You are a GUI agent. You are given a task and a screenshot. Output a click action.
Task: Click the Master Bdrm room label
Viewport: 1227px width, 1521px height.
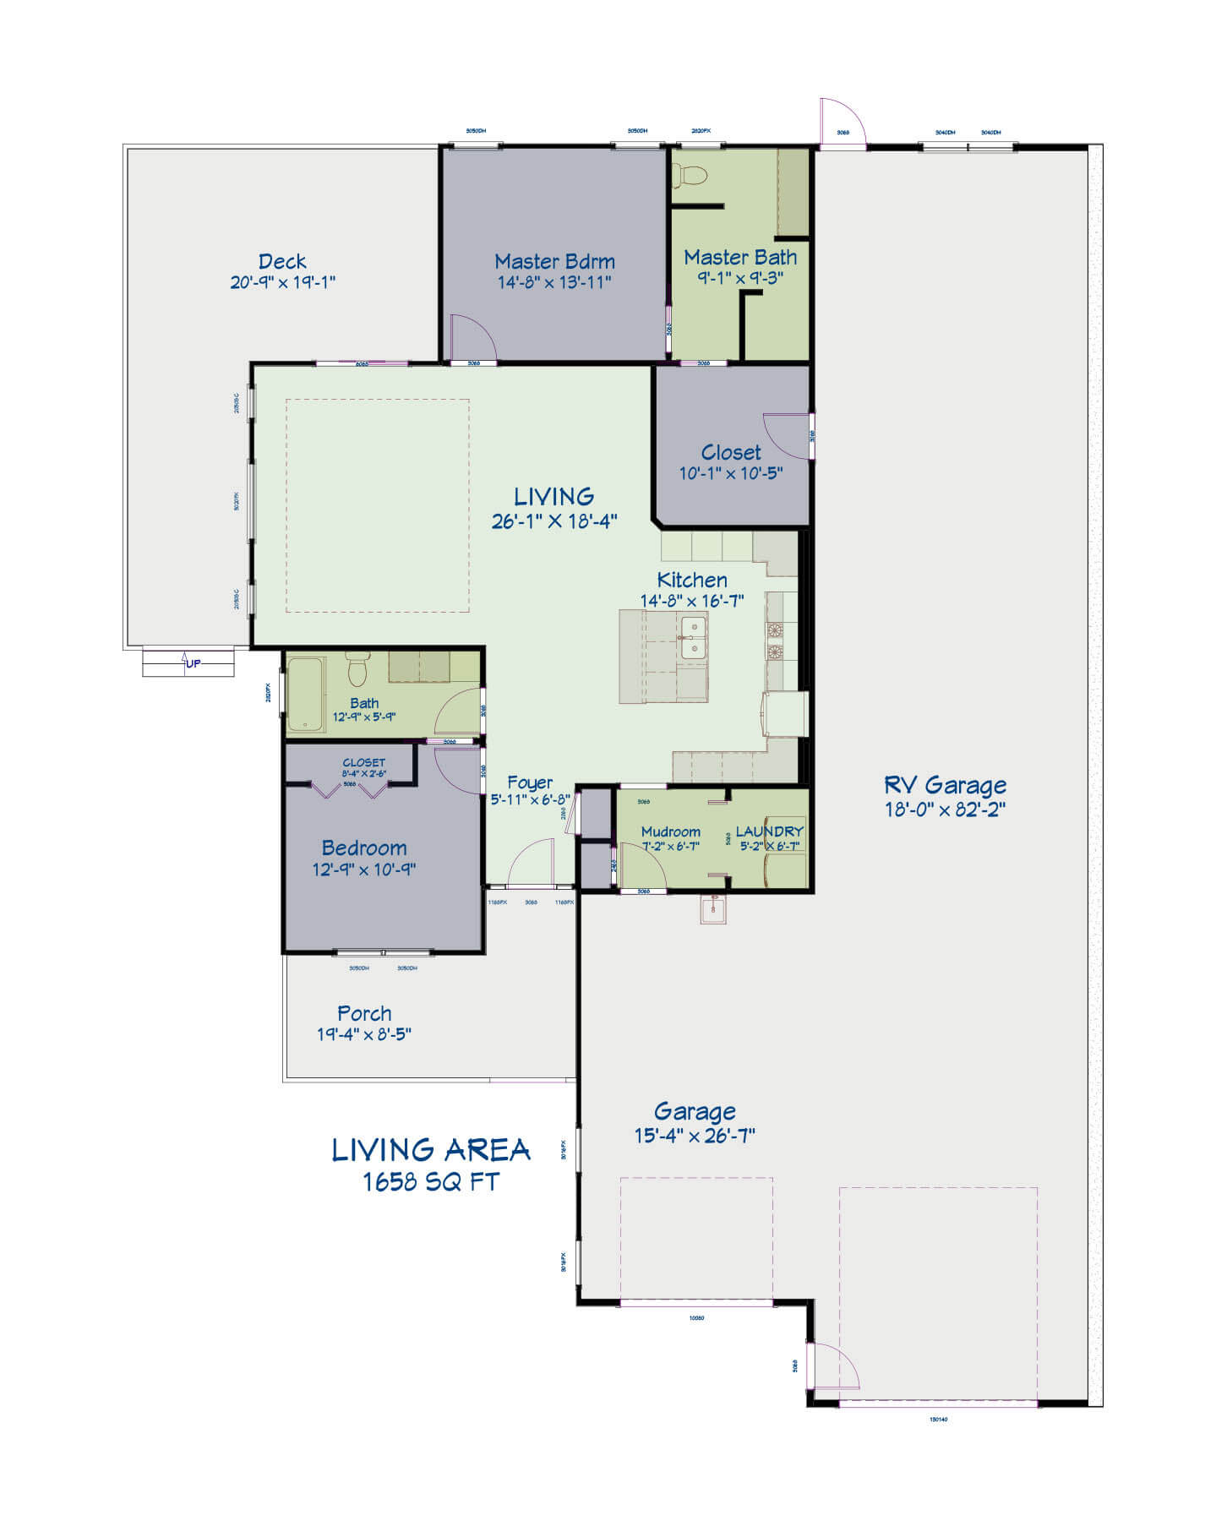(554, 261)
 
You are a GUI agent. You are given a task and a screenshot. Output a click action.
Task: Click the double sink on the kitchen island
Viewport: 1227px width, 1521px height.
(694, 637)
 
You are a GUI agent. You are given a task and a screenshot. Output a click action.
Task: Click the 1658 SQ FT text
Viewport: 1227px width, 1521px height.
(431, 1181)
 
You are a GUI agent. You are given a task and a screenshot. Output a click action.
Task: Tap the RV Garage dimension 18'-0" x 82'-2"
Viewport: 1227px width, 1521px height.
(945, 810)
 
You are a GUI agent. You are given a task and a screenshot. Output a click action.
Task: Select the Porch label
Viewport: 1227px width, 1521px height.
(364, 1013)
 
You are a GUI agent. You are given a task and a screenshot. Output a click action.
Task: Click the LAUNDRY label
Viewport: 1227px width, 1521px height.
(769, 831)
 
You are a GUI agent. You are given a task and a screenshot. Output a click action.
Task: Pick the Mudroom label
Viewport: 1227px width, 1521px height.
(670, 831)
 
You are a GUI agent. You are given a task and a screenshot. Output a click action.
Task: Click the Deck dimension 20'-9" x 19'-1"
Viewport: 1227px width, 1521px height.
(282, 282)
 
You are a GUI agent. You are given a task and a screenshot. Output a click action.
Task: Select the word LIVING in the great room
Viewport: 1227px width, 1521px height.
(554, 496)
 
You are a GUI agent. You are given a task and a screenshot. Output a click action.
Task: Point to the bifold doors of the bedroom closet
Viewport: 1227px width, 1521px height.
(349, 789)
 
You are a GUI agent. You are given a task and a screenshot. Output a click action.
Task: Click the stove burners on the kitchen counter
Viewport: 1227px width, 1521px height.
(774, 641)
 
